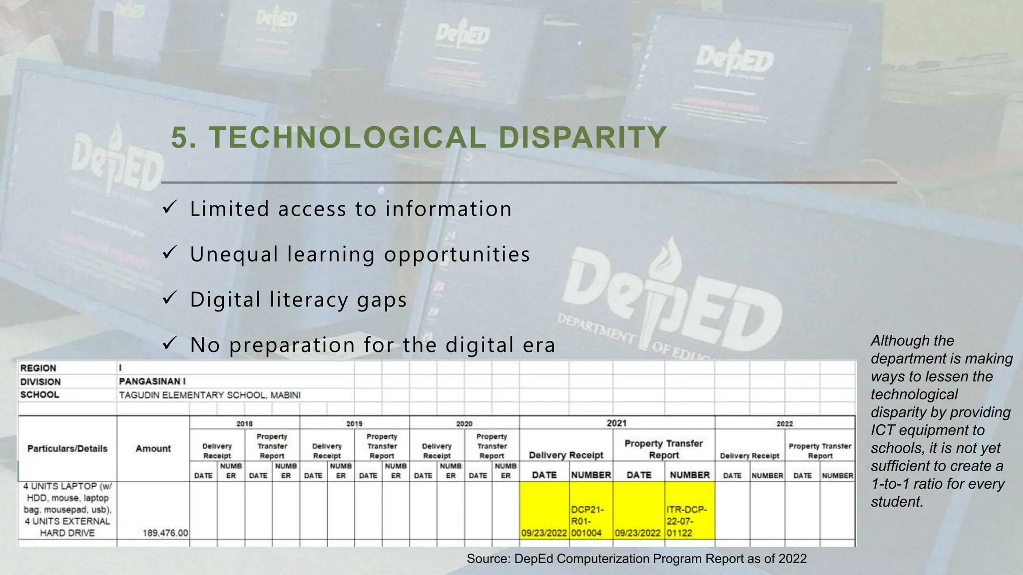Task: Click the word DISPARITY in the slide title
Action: pyautogui.click(x=582, y=137)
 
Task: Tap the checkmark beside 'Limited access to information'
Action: pyautogui.click(x=169, y=208)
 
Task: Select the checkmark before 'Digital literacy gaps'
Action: pyautogui.click(x=169, y=298)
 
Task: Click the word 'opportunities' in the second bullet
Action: pyautogui.click(x=457, y=254)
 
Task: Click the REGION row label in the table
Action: pyautogui.click(x=38, y=368)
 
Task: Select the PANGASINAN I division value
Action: pyautogui.click(x=152, y=381)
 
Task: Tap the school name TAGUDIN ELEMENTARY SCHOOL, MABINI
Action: pyautogui.click(x=210, y=395)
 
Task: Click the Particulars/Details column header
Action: pyautogui.click(x=67, y=448)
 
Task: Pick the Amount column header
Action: pyautogui.click(x=153, y=448)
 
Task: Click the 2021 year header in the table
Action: pyautogui.click(x=616, y=423)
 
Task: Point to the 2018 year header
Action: pyautogui.click(x=244, y=423)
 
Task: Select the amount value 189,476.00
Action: pyautogui.click(x=165, y=533)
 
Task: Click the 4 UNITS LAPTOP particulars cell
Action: pyautogui.click(x=67, y=509)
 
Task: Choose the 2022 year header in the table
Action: pyautogui.click(x=784, y=423)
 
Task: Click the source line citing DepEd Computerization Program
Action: pyautogui.click(x=636, y=559)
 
